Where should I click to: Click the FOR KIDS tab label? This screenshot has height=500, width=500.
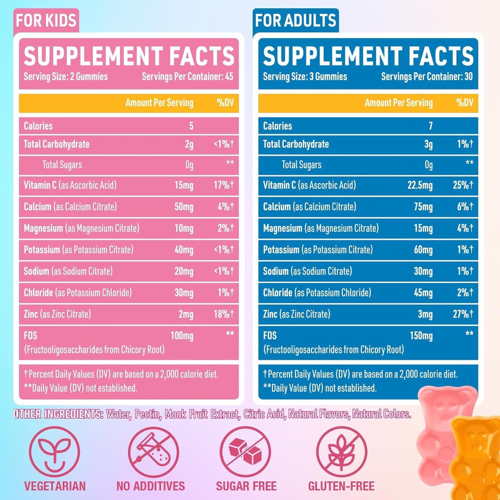[46, 21]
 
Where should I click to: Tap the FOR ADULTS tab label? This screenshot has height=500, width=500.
[295, 21]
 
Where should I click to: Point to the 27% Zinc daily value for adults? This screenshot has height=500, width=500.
[461, 314]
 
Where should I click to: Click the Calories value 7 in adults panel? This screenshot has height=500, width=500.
[430, 126]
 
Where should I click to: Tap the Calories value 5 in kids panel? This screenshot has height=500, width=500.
[191, 126]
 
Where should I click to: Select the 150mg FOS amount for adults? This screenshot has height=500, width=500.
[421, 336]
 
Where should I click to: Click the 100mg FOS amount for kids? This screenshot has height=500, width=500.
[182, 336]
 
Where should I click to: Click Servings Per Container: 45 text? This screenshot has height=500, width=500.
[187, 77]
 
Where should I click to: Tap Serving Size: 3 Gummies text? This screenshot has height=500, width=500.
[305, 77]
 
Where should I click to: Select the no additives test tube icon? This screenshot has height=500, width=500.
[150, 452]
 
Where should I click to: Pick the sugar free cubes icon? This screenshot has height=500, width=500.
[246, 452]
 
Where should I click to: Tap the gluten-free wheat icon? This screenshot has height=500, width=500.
[341, 452]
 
